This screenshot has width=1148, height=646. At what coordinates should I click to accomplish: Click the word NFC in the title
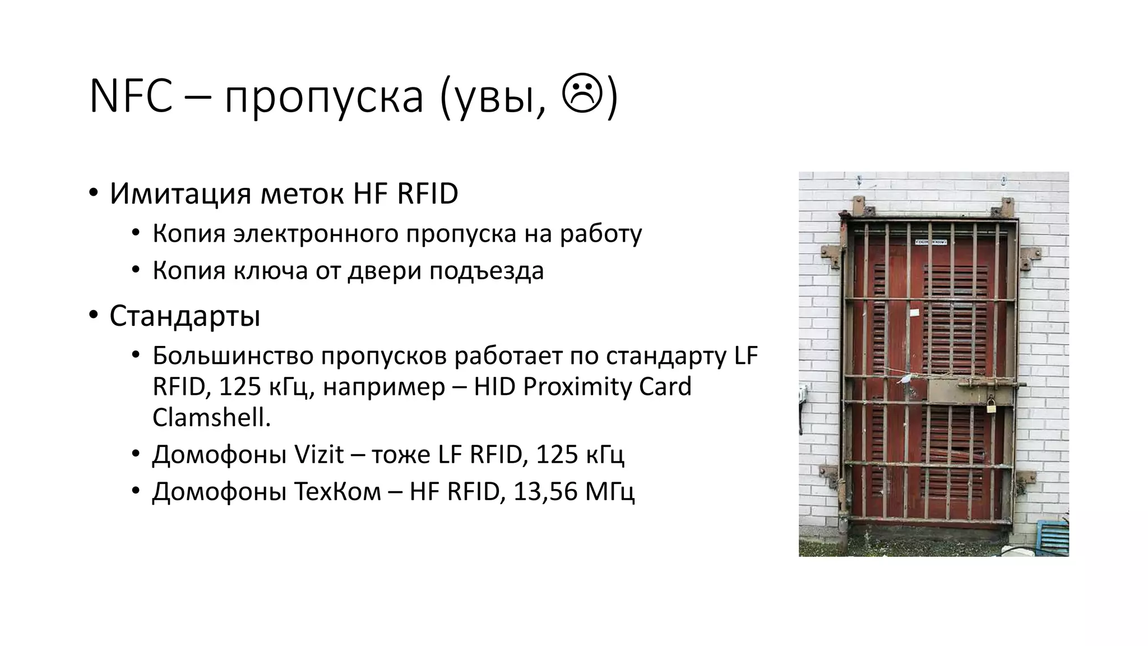click(131, 97)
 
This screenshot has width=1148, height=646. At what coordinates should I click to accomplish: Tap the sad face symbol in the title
click(582, 96)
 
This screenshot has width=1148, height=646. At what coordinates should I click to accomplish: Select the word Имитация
click(180, 194)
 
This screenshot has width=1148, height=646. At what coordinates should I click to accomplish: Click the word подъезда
click(487, 271)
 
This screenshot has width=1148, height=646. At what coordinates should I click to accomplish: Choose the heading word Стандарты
click(185, 316)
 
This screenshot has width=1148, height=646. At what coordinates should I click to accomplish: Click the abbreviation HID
click(494, 387)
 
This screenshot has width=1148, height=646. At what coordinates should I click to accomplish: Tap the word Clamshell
click(211, 417)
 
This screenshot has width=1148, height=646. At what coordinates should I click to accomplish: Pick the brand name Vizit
click(318, 454)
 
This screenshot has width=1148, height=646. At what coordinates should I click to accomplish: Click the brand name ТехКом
click(335, 492)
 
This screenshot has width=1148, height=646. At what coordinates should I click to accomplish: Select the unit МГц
click(610, 492)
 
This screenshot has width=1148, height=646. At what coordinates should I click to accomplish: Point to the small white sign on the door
click(931, 242)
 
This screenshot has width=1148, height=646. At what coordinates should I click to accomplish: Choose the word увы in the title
click(494, 97)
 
